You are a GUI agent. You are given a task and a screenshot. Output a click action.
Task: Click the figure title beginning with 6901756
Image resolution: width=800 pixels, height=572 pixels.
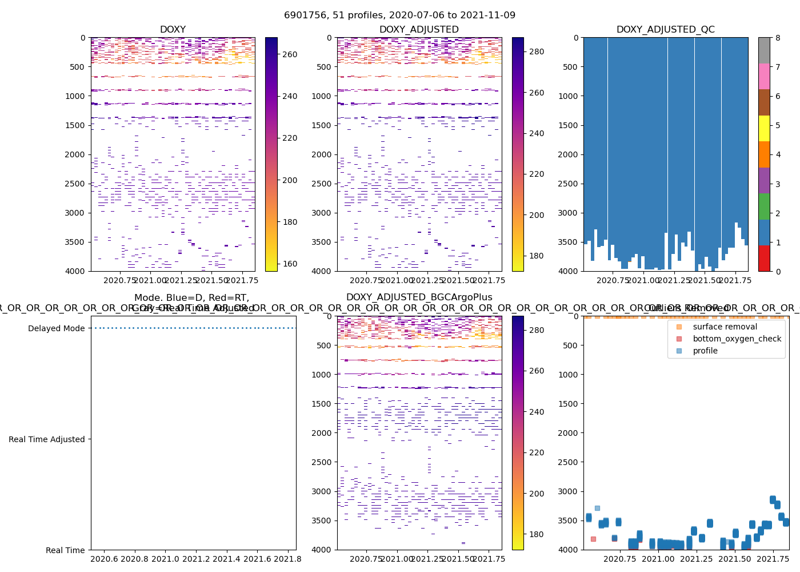pyautogui.click(x=399, y=15)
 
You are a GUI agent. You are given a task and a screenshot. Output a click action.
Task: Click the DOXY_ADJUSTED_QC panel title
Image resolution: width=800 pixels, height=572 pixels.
pyautogui.click(x=665, y=30)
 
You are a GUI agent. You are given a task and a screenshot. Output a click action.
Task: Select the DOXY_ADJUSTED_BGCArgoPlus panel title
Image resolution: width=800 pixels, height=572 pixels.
pyautogui.click(x=419, y=297)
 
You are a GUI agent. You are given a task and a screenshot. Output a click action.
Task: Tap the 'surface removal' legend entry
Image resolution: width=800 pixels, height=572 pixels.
pyautogui.click(x=725, y=327)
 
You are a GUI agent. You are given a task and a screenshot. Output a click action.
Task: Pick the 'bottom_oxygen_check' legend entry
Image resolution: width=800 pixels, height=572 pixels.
pyautogui.click(x=737, y=339)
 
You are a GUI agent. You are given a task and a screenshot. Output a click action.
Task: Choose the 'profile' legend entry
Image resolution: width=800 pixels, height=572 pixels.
pyautogui.click(x=705, y=351)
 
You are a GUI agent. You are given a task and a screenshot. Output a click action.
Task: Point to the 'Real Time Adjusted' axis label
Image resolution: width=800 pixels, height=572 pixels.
pyautogui.click(x=46, y=439)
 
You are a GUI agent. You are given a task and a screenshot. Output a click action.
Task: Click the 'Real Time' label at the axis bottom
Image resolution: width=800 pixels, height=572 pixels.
pyautogui.click(x=65, y=550)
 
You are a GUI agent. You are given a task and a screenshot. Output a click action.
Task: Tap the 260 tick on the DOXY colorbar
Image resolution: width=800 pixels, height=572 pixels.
pyautogui.click(x=290, y=54)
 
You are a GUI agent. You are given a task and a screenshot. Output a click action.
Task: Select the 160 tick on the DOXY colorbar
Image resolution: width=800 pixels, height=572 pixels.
pyautogui.click(x=290, y=264)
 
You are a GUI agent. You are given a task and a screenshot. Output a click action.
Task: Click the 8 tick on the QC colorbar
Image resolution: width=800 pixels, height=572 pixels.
pyautogui.click(x=778, y=38)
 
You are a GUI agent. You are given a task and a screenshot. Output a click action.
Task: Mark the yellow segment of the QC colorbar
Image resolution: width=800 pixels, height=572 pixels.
pyautogui.click(x=764, y=128)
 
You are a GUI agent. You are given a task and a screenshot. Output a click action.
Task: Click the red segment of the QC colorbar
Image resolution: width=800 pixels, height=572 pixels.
pyautogui.click(x=764, y=258)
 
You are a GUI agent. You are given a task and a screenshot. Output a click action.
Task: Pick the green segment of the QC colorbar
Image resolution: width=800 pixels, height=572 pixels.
pyautogui.click(x=764, y=206)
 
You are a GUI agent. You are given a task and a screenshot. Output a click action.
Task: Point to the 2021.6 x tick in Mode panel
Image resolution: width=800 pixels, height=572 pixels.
pyautogui.click(x=258, y=559)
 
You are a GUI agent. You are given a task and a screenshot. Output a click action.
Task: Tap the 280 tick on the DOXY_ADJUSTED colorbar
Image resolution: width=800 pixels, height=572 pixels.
pyautogui.click(x=537, y=51)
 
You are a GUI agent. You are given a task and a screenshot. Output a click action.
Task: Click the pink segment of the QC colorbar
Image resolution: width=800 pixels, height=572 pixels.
pyautogui.click(x=764, y=76)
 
